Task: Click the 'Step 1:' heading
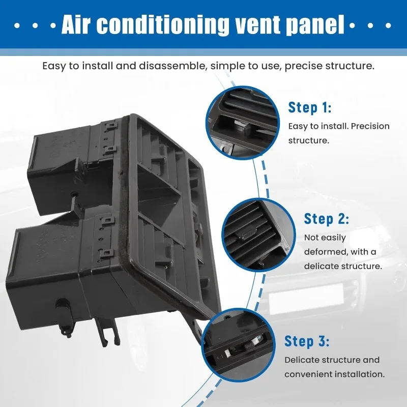pos(310,107)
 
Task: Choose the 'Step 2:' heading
pos(327,219)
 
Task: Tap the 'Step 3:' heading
pos(307,341)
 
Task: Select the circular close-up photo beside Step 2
pos(259,233)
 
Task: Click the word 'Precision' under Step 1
pos(370,126)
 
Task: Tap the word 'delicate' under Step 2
pos(322,266)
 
